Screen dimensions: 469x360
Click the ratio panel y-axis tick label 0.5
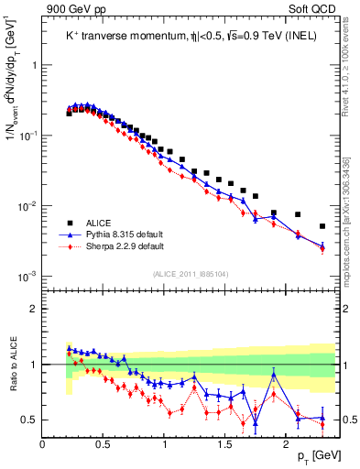click(29, 420)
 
